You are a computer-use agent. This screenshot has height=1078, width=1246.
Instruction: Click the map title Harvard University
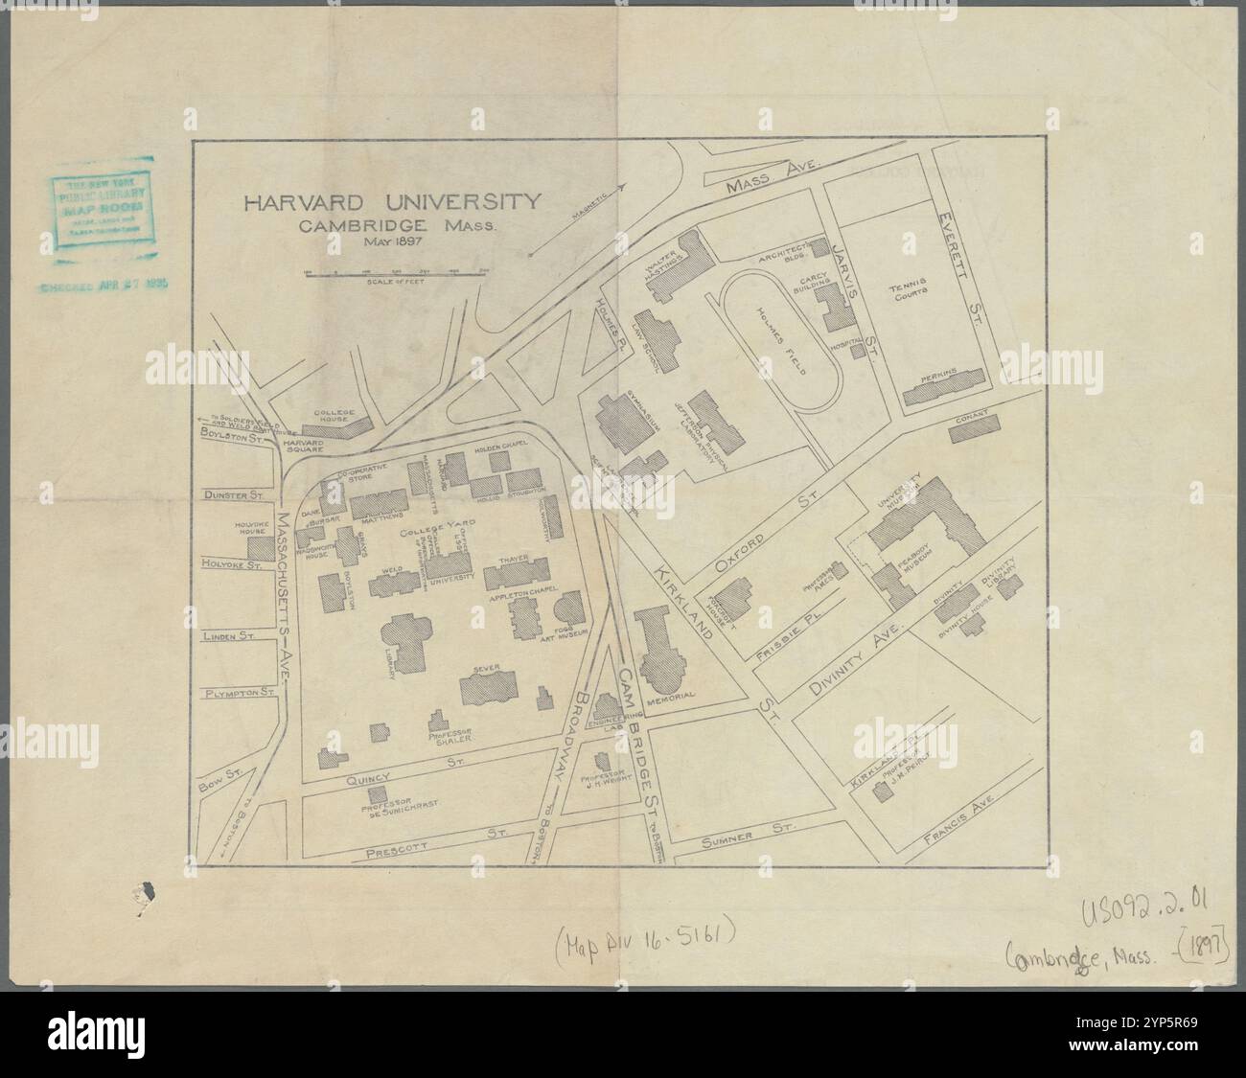click(x=391, y=204)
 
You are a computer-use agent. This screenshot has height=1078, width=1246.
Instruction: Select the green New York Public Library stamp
click(x=99, y=213)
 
